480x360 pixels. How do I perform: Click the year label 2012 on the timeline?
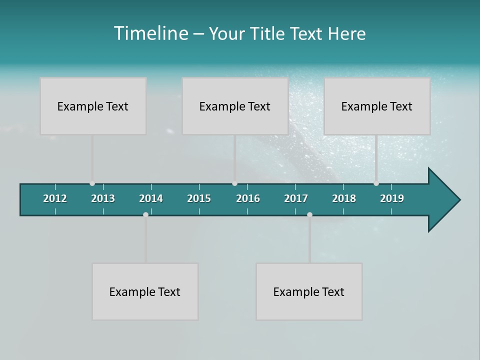pos(55,198)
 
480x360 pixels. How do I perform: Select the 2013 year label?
pos(103,198)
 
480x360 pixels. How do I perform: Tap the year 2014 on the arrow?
pos(151,198)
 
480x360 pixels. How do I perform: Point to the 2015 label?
pos(199,198)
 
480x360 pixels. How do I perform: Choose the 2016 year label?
pos(248,198)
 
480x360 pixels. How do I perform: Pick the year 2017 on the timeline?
pos(296,198)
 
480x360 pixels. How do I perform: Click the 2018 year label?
pos(344,198)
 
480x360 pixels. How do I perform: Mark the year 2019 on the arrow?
pos(392,198)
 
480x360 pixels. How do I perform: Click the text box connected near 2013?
pos(93,106)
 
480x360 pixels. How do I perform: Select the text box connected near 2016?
pos(235,106)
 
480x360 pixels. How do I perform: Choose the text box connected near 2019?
pos(377,106)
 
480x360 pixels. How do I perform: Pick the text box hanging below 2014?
pos(145,291)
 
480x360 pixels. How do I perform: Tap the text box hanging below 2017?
pos(309,291)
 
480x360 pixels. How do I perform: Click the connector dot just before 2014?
pos(145,214)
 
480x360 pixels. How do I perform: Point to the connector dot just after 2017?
pos(309,214)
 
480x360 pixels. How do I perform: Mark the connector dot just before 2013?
pos(92,183)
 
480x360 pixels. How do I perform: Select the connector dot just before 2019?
pos(376,183)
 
